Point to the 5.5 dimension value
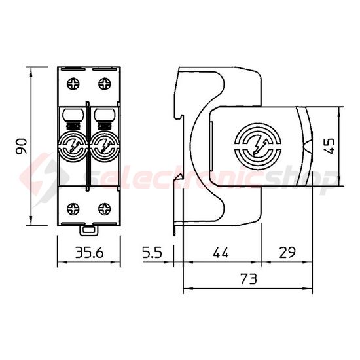point(152,251)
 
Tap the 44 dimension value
point(221,251)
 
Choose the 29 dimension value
point(285,251)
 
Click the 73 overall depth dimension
point(247,279)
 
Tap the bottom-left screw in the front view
point(72,209)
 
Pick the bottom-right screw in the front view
point(103,209)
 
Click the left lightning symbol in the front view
point(72,146)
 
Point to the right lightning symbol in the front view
point(103,146)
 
